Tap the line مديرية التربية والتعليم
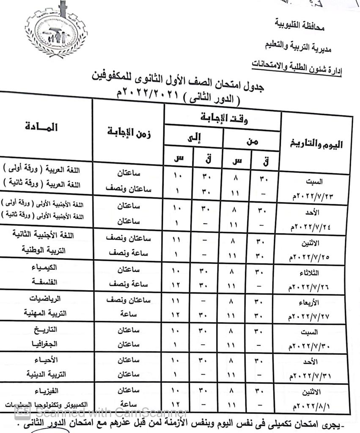point(299,47)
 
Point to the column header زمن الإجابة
point(129,133)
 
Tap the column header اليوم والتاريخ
point(316,144)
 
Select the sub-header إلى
point(193,139)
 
